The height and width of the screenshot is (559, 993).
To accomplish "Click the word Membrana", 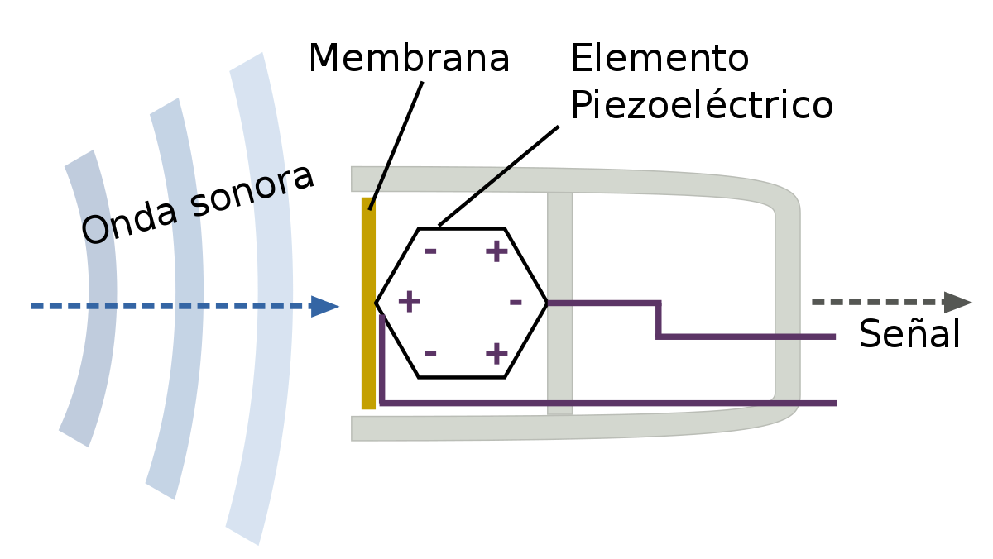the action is click(409, 58).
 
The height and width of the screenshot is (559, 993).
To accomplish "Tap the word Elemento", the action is click(660, 58).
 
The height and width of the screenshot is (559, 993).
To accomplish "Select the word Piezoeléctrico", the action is click(703, 104).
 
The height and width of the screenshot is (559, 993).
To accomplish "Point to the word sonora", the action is click(252, 190).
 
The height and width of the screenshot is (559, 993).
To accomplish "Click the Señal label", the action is click(909, 333).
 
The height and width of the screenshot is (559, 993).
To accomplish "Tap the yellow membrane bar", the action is click(368, 303).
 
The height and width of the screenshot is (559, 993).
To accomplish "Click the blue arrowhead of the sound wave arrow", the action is click(325, 307).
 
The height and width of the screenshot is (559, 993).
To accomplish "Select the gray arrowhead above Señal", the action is click(958, 303).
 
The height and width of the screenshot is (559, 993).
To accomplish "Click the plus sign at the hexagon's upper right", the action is click(496, 251).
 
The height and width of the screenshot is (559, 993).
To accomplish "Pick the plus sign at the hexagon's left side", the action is click(409, 302).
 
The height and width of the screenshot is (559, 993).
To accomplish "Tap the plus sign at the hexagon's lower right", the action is click(496, 353).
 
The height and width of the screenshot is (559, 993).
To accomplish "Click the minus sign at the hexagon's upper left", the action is click(430, 251).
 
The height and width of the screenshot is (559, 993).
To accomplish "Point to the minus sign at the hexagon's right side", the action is click(516, 303).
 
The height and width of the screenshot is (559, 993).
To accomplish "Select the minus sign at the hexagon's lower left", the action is click(430, 353).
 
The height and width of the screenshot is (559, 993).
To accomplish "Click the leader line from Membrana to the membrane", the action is click(396, 146).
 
